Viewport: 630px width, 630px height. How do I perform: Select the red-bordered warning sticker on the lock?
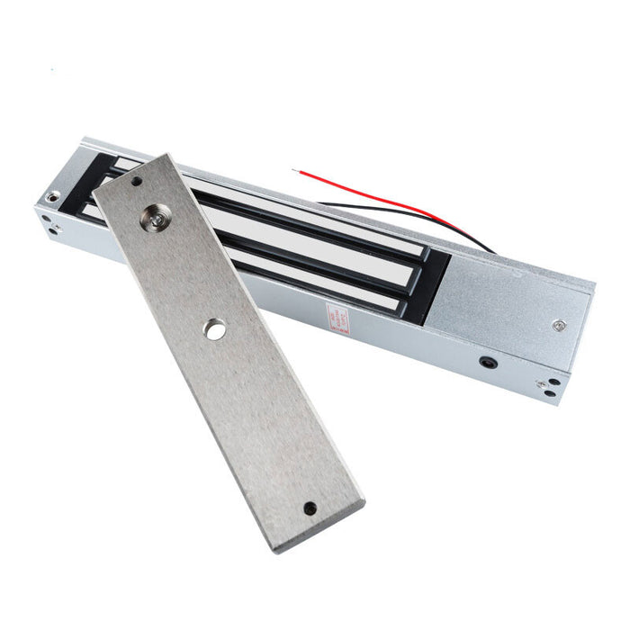tap(337, 318)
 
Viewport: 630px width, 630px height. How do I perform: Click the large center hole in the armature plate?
tap(214, 330)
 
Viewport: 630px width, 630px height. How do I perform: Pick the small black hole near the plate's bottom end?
tap(310, 508)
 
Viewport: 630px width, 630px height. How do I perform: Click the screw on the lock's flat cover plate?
tap(560, 326)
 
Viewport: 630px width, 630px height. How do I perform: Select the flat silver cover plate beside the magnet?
tap(513, 301)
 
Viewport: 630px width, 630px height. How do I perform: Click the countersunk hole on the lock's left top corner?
tap(54, 196)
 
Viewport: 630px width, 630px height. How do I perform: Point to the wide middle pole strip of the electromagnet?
tap(333, 252)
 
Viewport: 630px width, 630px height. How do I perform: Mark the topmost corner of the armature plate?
tap(167, 154)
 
